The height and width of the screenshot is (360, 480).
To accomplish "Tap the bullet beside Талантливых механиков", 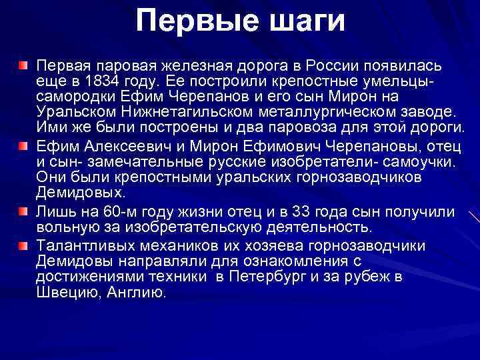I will point(23,245).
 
